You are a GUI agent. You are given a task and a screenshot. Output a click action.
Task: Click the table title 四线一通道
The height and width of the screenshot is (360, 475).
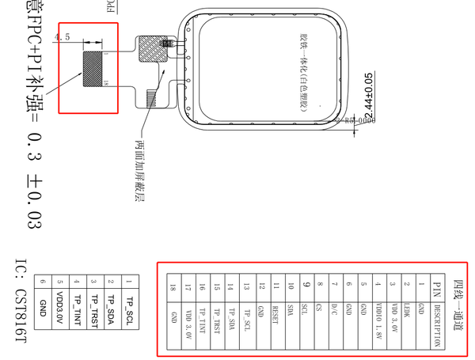(458, 308)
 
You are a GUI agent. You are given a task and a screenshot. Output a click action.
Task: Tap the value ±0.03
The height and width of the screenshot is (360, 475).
(32, 199)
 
